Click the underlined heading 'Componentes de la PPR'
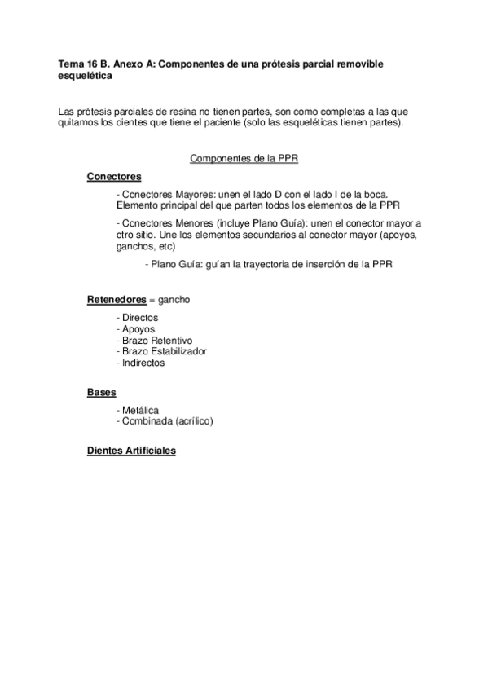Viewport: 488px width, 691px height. pyautogui.click(x=244, y=159)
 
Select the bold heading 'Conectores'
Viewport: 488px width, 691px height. pyautogui.click(x=114, y=177)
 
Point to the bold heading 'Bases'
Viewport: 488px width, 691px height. pyautogui.click(x=101, y=392)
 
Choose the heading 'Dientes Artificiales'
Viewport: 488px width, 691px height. pyautogui.click(x=131, y=450)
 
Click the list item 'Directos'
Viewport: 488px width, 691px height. pyautogui.click(x=138, y=318)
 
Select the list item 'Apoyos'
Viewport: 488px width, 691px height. pyautogui.click(x=137, y=329)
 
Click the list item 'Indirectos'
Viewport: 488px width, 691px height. pyautogui.click(x=143, y=363)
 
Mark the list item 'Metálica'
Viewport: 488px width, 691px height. pyautogui.click(x=140, y=410)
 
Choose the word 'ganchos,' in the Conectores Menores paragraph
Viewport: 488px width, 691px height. pyautogui.click(x=135, y=245)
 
